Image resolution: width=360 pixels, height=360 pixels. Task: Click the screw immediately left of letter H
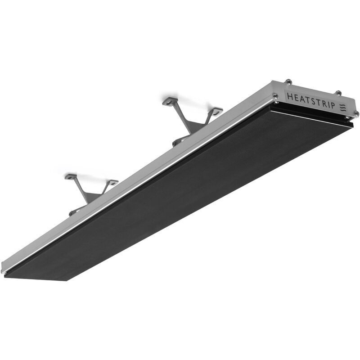[x=275, y=95]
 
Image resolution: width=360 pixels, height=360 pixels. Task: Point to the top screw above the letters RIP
[x=337, y=93]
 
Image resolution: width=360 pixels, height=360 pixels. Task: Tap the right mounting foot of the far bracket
[x=217, y=110]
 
